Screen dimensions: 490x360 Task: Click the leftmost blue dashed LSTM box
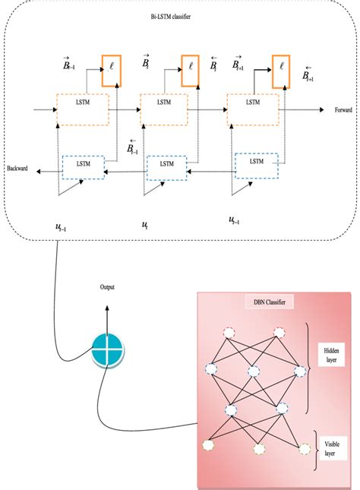pos(83,165)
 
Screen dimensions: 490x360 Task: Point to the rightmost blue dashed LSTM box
pos(256,162)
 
